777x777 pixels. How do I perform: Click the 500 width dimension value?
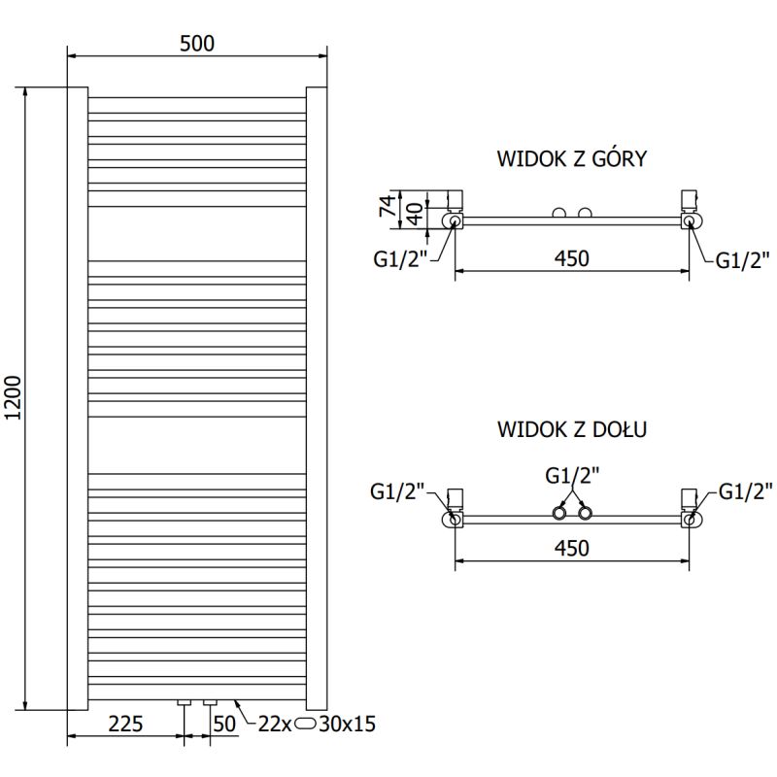pos(196,43)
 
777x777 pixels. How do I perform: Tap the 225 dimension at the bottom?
pos(125,724)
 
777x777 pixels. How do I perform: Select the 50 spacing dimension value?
pos(224,724)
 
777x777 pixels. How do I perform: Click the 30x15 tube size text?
pos(348,724)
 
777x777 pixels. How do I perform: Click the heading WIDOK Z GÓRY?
pos(572,159)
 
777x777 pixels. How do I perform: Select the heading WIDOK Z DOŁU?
pos(572,428)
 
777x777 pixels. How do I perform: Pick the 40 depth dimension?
pos(415,213)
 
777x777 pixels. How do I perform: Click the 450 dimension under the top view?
pos(572,258)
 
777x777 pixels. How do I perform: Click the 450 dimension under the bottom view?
pos(572,549)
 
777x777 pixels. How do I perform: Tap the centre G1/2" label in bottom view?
pos(572,476)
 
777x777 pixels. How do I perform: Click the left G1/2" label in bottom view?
pos(398,491)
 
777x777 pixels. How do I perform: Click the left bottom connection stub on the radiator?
pos(185,702)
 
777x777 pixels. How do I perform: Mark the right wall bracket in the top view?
pos(691,200)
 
